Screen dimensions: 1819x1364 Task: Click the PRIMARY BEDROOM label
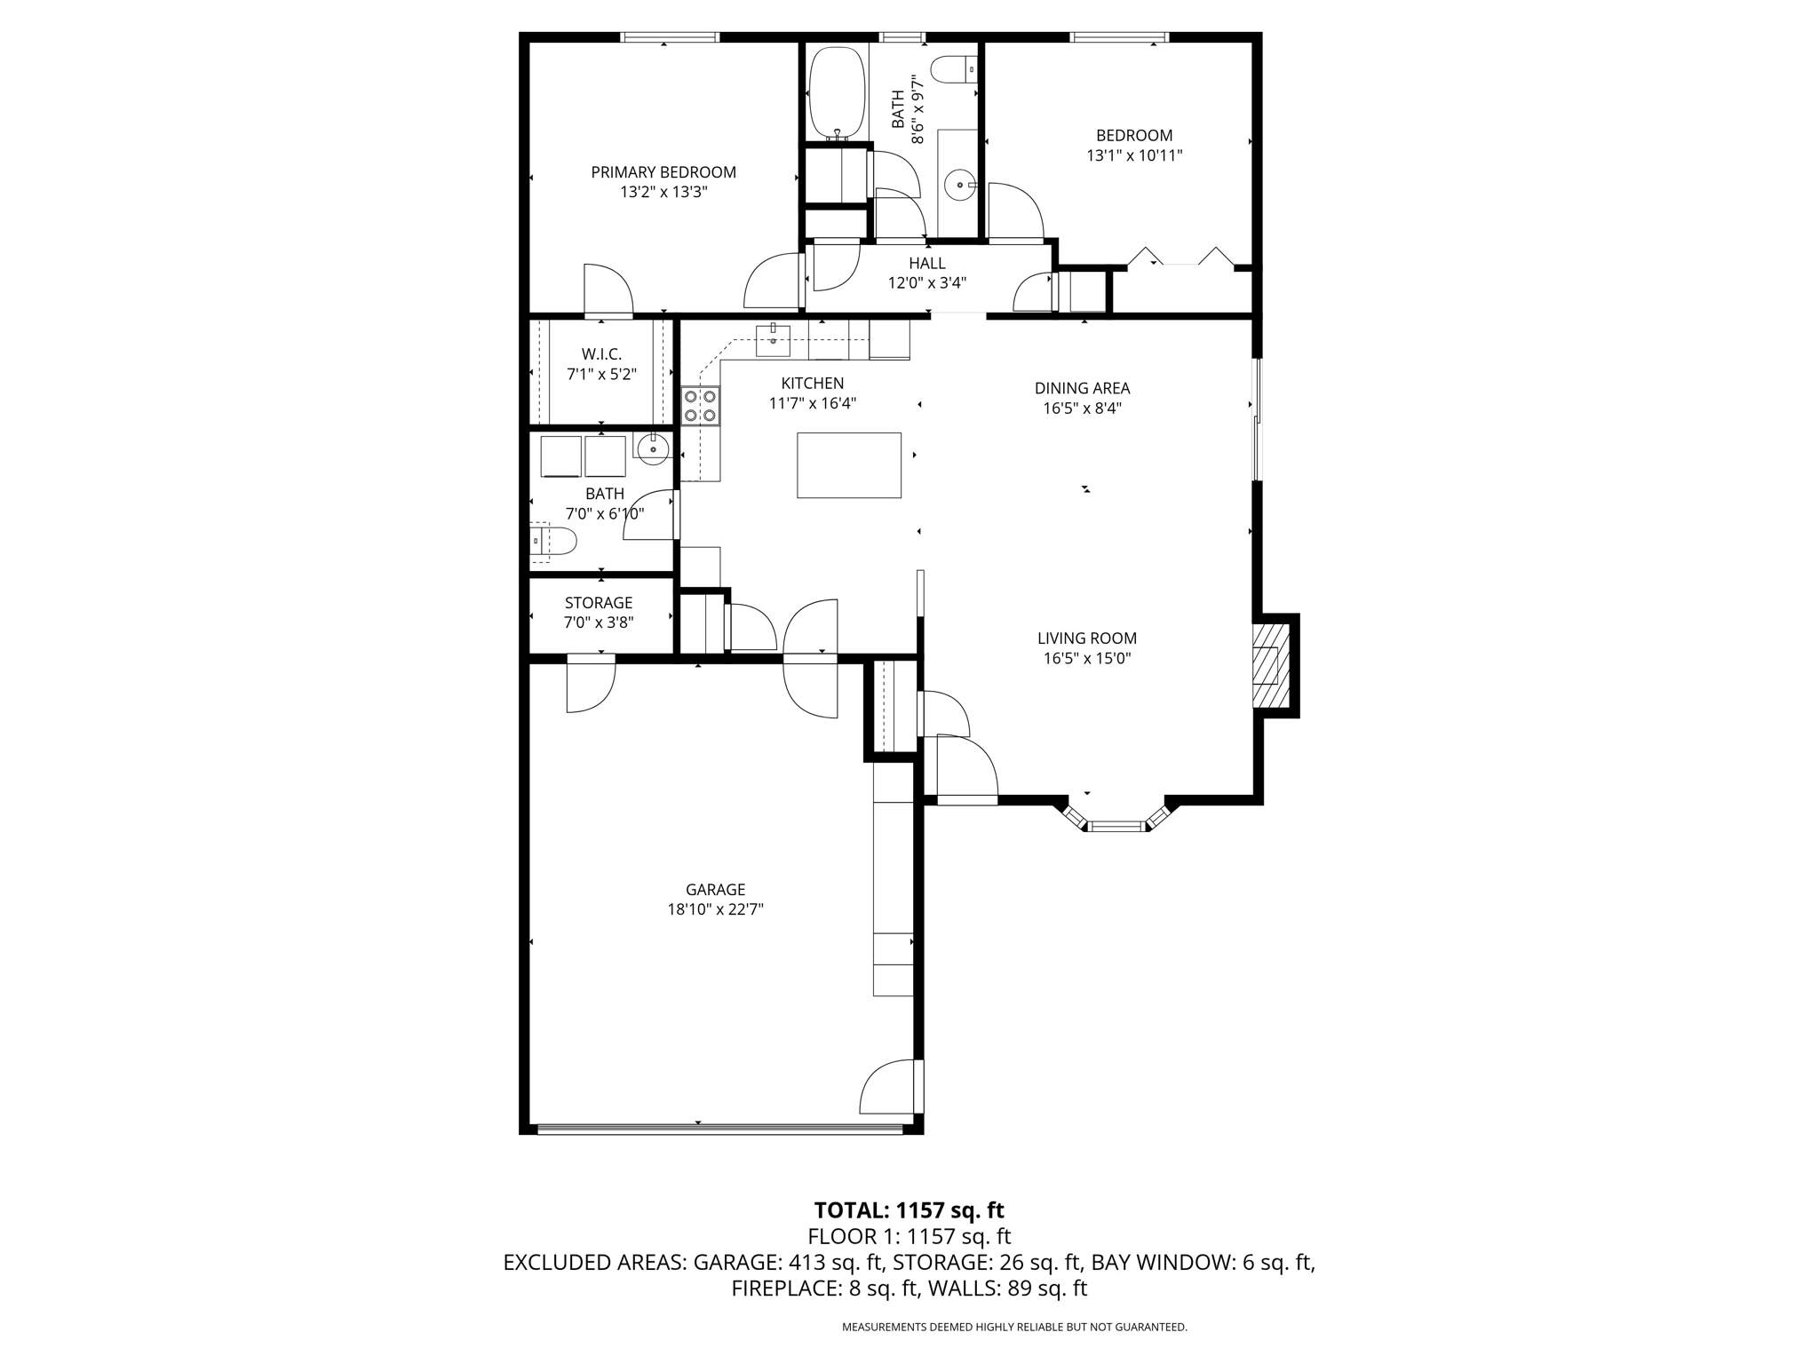pyautogui.click(x=663, y=172)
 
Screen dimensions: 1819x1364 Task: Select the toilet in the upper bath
pyautogui.click(x=956, y=68)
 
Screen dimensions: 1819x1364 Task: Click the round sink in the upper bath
pyautogui.click(x=960, y=186)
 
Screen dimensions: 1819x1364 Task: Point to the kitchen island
pyautogui.click(x=849, y=465)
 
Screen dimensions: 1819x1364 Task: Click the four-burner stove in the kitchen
pyautogui.click(x=701, y=406)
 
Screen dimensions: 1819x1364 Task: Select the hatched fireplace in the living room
pyautogui.click(x=1270, y=665)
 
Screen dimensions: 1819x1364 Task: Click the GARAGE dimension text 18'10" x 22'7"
pyautogui.click(x=715, y=909)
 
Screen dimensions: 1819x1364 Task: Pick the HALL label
pyautogui.click(x=927, y=264)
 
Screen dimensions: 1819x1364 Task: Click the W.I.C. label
pyautogui.click(x=602, y=354)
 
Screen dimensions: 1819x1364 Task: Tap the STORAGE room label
pyautogui.click(x=599, y=603)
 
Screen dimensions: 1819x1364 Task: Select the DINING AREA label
pyautogui.click(x=1082, y=388)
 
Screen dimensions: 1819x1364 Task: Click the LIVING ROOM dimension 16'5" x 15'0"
pyautogui.click(x=1087, y=658)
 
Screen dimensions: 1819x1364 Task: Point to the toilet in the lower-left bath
pyautogui.click(x=553, y=540)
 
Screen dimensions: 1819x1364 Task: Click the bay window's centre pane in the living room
pyautogui.click(x=1116, y=827)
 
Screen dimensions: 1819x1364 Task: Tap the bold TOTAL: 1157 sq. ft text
pyautogui.click(x=909, y=1210)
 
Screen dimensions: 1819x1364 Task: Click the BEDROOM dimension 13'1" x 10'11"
pyautogui.click(x=1134, y=155)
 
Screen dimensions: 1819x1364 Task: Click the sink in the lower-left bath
pyautogui.click(x=653, y=448)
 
